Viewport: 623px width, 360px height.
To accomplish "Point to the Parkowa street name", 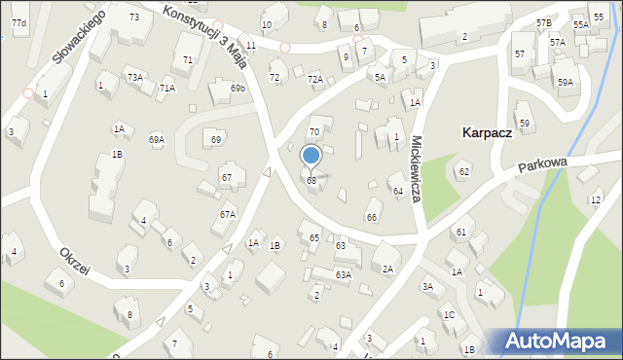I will pyautogui.click(x=541, y=166).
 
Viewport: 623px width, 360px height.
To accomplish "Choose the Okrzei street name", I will pyautogui.click(x=73, y=261).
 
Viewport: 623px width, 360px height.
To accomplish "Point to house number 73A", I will pyautogui.click(x=134, y=77).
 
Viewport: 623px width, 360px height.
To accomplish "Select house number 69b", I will pyautogui.click(x=238, y=89).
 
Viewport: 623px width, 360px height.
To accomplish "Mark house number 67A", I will pyautogui.click(x=227, y=214).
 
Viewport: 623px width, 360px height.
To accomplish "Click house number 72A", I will pyautogui.click(x=314, y=79).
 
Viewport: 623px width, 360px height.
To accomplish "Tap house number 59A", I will pyautogui.click(x=566, y=83).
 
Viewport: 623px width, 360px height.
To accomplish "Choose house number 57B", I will pyautogui.click(x=543, y=21).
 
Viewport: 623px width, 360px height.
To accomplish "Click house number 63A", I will pyautogui.click(x=343, y=275).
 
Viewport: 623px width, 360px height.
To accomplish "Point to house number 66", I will pyautogui.click(x=371, y=216).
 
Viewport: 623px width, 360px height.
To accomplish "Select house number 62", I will pyautogui.click(x=464, y=172).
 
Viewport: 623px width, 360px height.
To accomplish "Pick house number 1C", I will pyautogui.click(x=449, y=314).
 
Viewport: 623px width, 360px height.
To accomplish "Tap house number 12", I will pyautogui.click(x=595, y=200).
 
